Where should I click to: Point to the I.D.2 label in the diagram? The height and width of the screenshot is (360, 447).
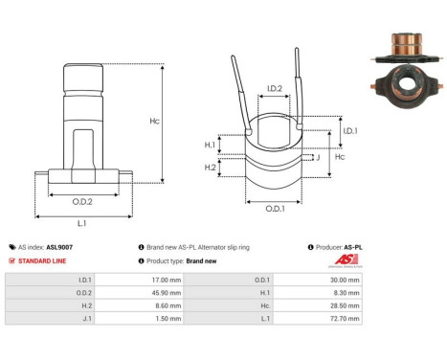[x=274, y=88]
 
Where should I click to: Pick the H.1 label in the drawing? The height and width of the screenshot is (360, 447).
[x=209, y=145]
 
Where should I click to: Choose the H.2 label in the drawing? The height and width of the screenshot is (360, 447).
[x=209, y=167]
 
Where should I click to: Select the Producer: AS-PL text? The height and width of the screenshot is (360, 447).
[x=339, y=247]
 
